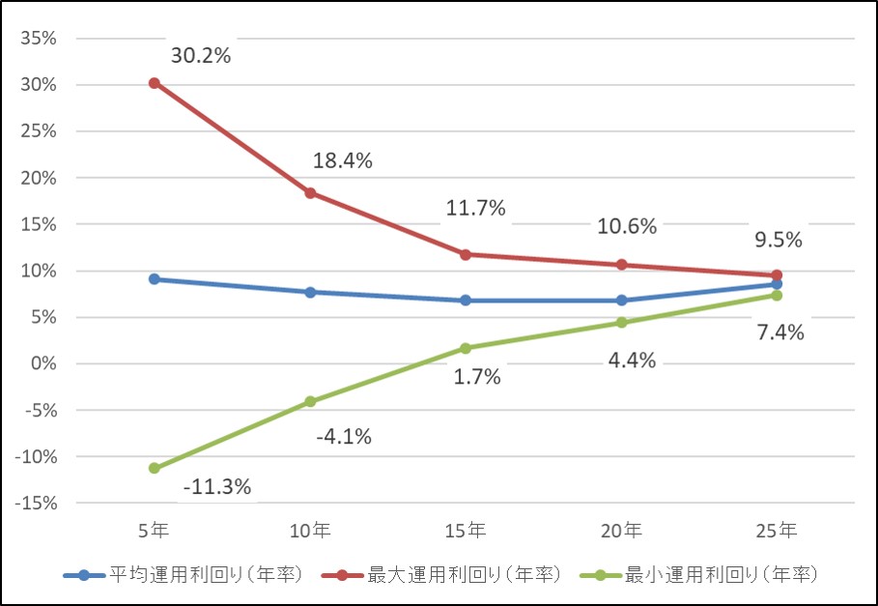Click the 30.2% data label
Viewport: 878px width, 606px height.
pyautogui.click(x=201, y=56)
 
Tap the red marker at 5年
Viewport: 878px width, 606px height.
pyautogui.click(x=154, y=83)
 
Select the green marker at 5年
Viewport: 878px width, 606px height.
pyautogui.click(x=154, y=468)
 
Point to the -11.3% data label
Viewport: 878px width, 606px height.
pyautogui.click(x=216, y=487)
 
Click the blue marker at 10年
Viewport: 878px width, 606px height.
pyautogui.click(x=310, y=292)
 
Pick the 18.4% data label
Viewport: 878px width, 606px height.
pyautogui.click(x=342, y=161)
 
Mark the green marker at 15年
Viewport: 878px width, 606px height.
pyautogui.click(x=466, y=348)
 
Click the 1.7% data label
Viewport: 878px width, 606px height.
pyautogui.click(x=477, y=377)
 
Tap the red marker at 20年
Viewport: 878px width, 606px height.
pyautogui.click(x=621, y=265)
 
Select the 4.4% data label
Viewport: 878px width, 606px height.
pyautogui.click(x=633, y=361)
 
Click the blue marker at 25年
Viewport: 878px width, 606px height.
pyautogui.click(x=777, y=284)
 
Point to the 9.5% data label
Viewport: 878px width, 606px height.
pyautogui.click(x=778, y=240)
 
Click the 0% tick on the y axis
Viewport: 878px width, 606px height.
pyautogui.click(x=43, y=363)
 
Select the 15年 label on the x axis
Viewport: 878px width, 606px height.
pyautogui.click(x=466, y=531)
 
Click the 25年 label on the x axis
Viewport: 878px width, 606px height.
pyautogui.click(x=777, y=531)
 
